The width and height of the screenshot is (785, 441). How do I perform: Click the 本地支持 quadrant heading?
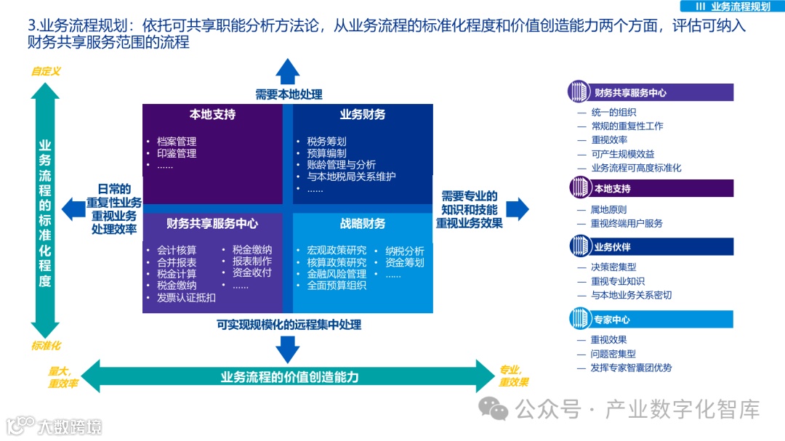(212, 115)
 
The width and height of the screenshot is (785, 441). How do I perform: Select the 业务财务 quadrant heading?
(363, 115)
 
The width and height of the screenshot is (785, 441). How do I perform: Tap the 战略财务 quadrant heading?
(363, 224)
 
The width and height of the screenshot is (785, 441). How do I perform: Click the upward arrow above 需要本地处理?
(288, 72)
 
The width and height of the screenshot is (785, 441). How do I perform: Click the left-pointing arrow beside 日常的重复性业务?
(73, 209)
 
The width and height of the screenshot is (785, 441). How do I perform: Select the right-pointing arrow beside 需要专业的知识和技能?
(517, 209)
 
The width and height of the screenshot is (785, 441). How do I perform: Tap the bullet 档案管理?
(177, 140)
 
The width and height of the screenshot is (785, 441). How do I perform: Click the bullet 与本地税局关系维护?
(351, 177)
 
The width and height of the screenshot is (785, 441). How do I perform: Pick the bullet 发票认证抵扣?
(186, 298)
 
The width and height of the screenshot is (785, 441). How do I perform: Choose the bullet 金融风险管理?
(337, 274)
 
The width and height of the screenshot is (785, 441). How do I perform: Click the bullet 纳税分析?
(405, 251)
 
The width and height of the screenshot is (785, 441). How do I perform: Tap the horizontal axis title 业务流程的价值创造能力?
(289, 377)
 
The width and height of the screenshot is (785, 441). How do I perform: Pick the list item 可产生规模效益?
(623, 154)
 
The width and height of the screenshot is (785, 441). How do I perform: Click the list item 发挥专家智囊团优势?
(632, 368)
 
